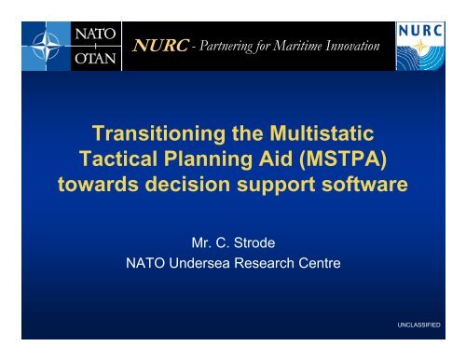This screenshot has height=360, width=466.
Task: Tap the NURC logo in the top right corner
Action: [424, 43]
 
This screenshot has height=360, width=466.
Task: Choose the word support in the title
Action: [263, 182]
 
